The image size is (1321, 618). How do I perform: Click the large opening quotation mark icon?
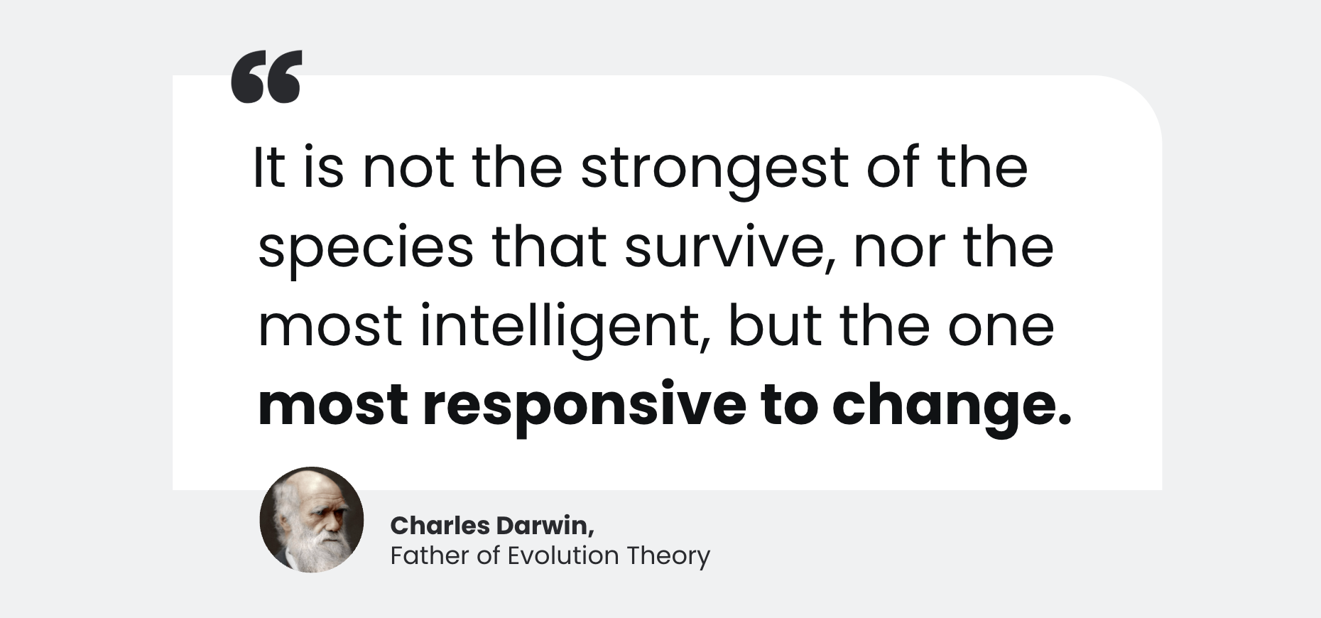tap(266, 76)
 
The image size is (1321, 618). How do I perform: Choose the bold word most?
tap(333, 405)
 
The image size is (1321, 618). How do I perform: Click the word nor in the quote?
tap(899, 249)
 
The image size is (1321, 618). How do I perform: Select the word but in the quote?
tap(775, 325)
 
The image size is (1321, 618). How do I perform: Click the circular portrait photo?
tap(312, 520)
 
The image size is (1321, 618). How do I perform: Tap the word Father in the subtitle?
tap(430, 555)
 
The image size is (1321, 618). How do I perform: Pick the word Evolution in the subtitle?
tap(563, 555)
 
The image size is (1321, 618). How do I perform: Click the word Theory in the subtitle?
tap(668, 556)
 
